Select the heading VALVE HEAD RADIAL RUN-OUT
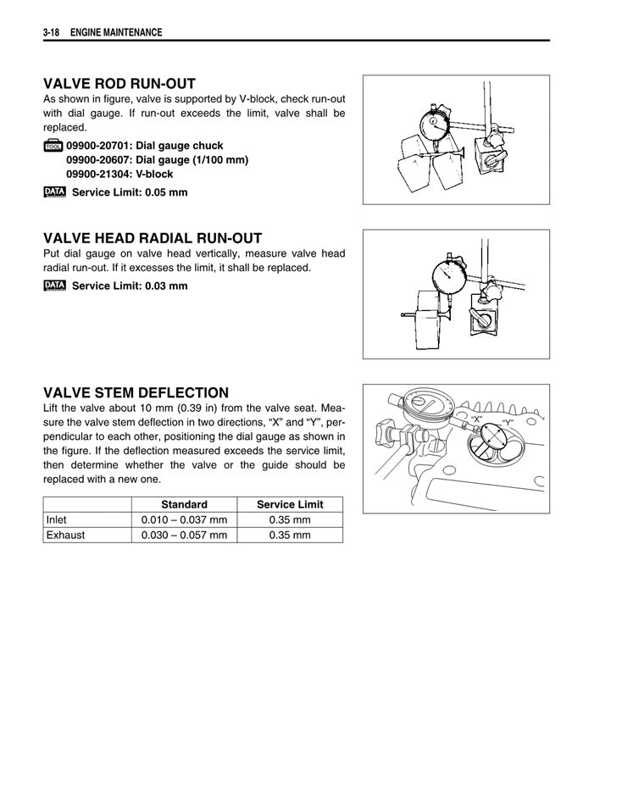(x=153, y=238)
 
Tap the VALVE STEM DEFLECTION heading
(x=136, y=392)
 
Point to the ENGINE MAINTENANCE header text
(x=116, y=32)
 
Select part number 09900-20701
(x=93, y=146)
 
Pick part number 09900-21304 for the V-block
(x=93, y=174)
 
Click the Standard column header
(x=184, y=504)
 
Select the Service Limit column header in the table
(x=290, y=504)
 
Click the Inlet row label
(x=58, y=519)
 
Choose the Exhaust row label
(x=66, y=535)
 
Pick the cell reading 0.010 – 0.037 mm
(x=184, y=519)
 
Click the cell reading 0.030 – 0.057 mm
(x=184, y=535)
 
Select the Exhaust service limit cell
(x=290, y=535)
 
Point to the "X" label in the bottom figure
(x=477, y=419)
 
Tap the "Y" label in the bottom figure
(x=508, y=421)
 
